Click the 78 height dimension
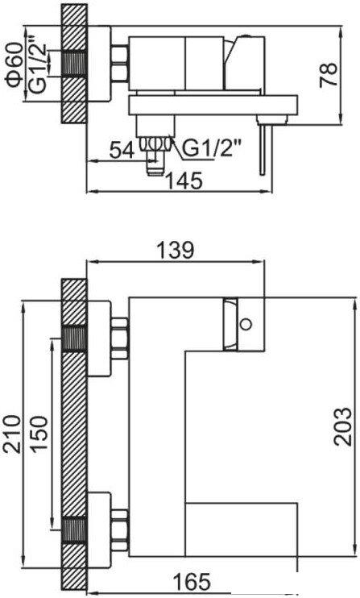[x=329, y=75]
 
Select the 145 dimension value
[x=184, y=181]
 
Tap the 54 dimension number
[x=122, y=150]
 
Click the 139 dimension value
[x=176, y=251]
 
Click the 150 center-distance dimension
[x=39, y=434]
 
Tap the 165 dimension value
[x=192, y=581]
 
